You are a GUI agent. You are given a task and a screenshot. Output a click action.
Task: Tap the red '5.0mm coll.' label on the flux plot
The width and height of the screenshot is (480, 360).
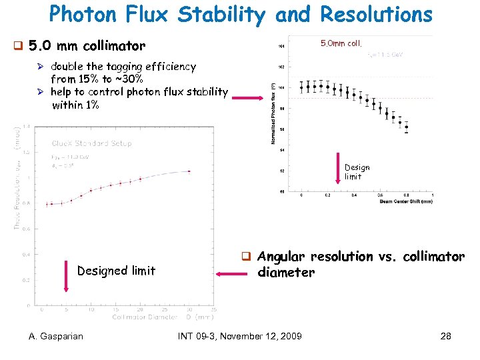coord(341,44)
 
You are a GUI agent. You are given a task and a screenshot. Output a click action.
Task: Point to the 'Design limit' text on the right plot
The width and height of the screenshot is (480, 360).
coord(357,172)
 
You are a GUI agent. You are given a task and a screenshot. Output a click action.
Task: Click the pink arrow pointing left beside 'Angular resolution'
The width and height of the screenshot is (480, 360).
coord(226,273)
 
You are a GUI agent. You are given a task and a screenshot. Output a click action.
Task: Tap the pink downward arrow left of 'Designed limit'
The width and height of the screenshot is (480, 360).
coord(66,276)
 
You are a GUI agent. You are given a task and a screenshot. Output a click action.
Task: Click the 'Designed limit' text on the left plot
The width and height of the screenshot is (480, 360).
coord(116,271)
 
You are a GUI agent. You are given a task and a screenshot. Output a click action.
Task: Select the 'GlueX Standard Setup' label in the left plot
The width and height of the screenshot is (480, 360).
coord(92,143)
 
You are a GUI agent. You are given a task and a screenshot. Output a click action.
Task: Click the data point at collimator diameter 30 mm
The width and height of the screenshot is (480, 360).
coord(189,171)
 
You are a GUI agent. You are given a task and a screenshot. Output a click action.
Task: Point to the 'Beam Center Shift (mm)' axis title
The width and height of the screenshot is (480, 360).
coord(404,201)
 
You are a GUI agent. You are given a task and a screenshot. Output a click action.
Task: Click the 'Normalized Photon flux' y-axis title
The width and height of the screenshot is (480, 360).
coord(274,114)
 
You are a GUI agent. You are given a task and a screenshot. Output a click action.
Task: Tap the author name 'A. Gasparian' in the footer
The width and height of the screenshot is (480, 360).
coord(56,336)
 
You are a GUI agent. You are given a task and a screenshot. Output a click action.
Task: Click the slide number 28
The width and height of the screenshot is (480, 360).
coord(446,336)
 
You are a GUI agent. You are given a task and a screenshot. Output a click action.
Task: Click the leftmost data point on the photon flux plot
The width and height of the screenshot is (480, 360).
coord(301,87)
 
